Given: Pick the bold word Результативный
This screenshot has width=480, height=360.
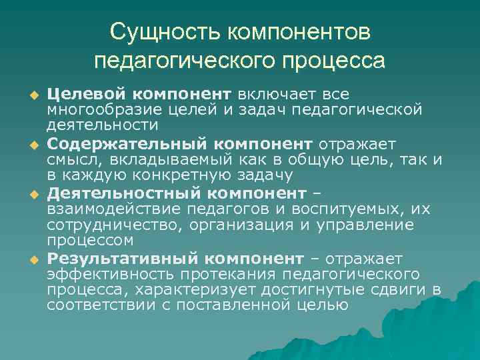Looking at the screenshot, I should coord(121,258).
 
